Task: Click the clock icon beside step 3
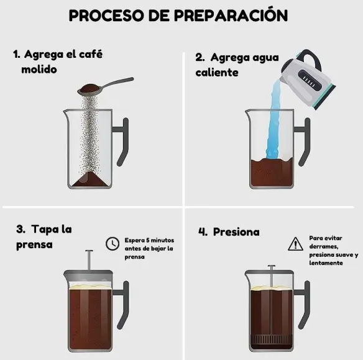113,244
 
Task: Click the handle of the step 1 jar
122,142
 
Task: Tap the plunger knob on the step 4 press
269,267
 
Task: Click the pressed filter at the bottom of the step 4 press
269,341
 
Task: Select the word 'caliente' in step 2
217,73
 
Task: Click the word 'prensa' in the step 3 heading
34,244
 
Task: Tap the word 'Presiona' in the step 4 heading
236,232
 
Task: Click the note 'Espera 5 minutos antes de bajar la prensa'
149,248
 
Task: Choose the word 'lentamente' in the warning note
326,263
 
